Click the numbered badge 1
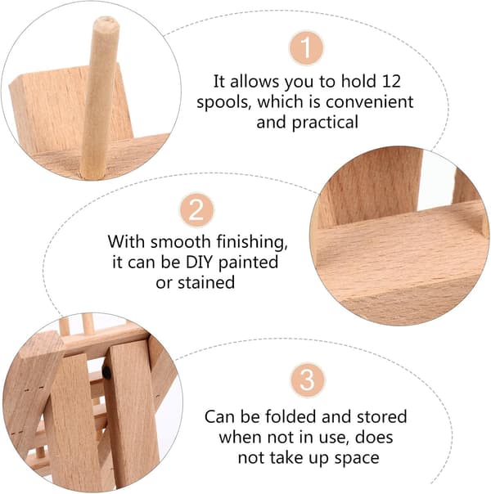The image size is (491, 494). pos(306,48)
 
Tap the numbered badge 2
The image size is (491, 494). pos(196,210)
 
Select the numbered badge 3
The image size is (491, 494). pos(307,380)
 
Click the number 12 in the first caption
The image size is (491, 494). pos(391,81)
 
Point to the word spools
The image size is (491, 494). pos(223,103)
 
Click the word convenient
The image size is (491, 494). pos(369,101)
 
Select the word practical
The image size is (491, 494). pos(325,123)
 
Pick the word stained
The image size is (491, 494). pos(206,282)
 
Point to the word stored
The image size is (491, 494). pos(381,416)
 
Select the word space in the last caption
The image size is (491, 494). pos(357,458)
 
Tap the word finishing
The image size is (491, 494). pos(252,243)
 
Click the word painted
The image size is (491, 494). pos(248,263)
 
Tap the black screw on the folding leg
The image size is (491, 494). pos(106,372)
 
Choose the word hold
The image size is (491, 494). pos(358,81)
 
